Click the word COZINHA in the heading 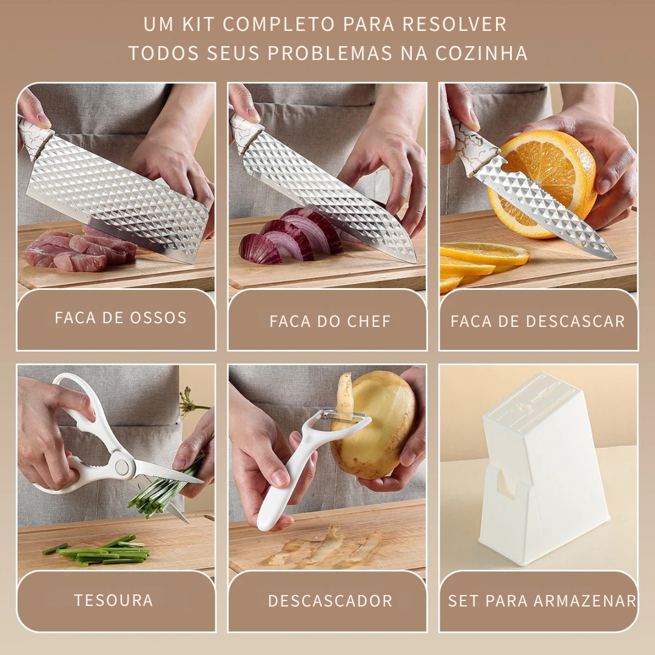[481, 53]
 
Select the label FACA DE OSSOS [121, 318]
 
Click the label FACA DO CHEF [330, 321]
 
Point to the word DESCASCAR [575, 321]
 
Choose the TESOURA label [113, 600]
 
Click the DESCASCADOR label [330, 600]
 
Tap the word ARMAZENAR [585, 600]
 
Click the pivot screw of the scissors [122, 467]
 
